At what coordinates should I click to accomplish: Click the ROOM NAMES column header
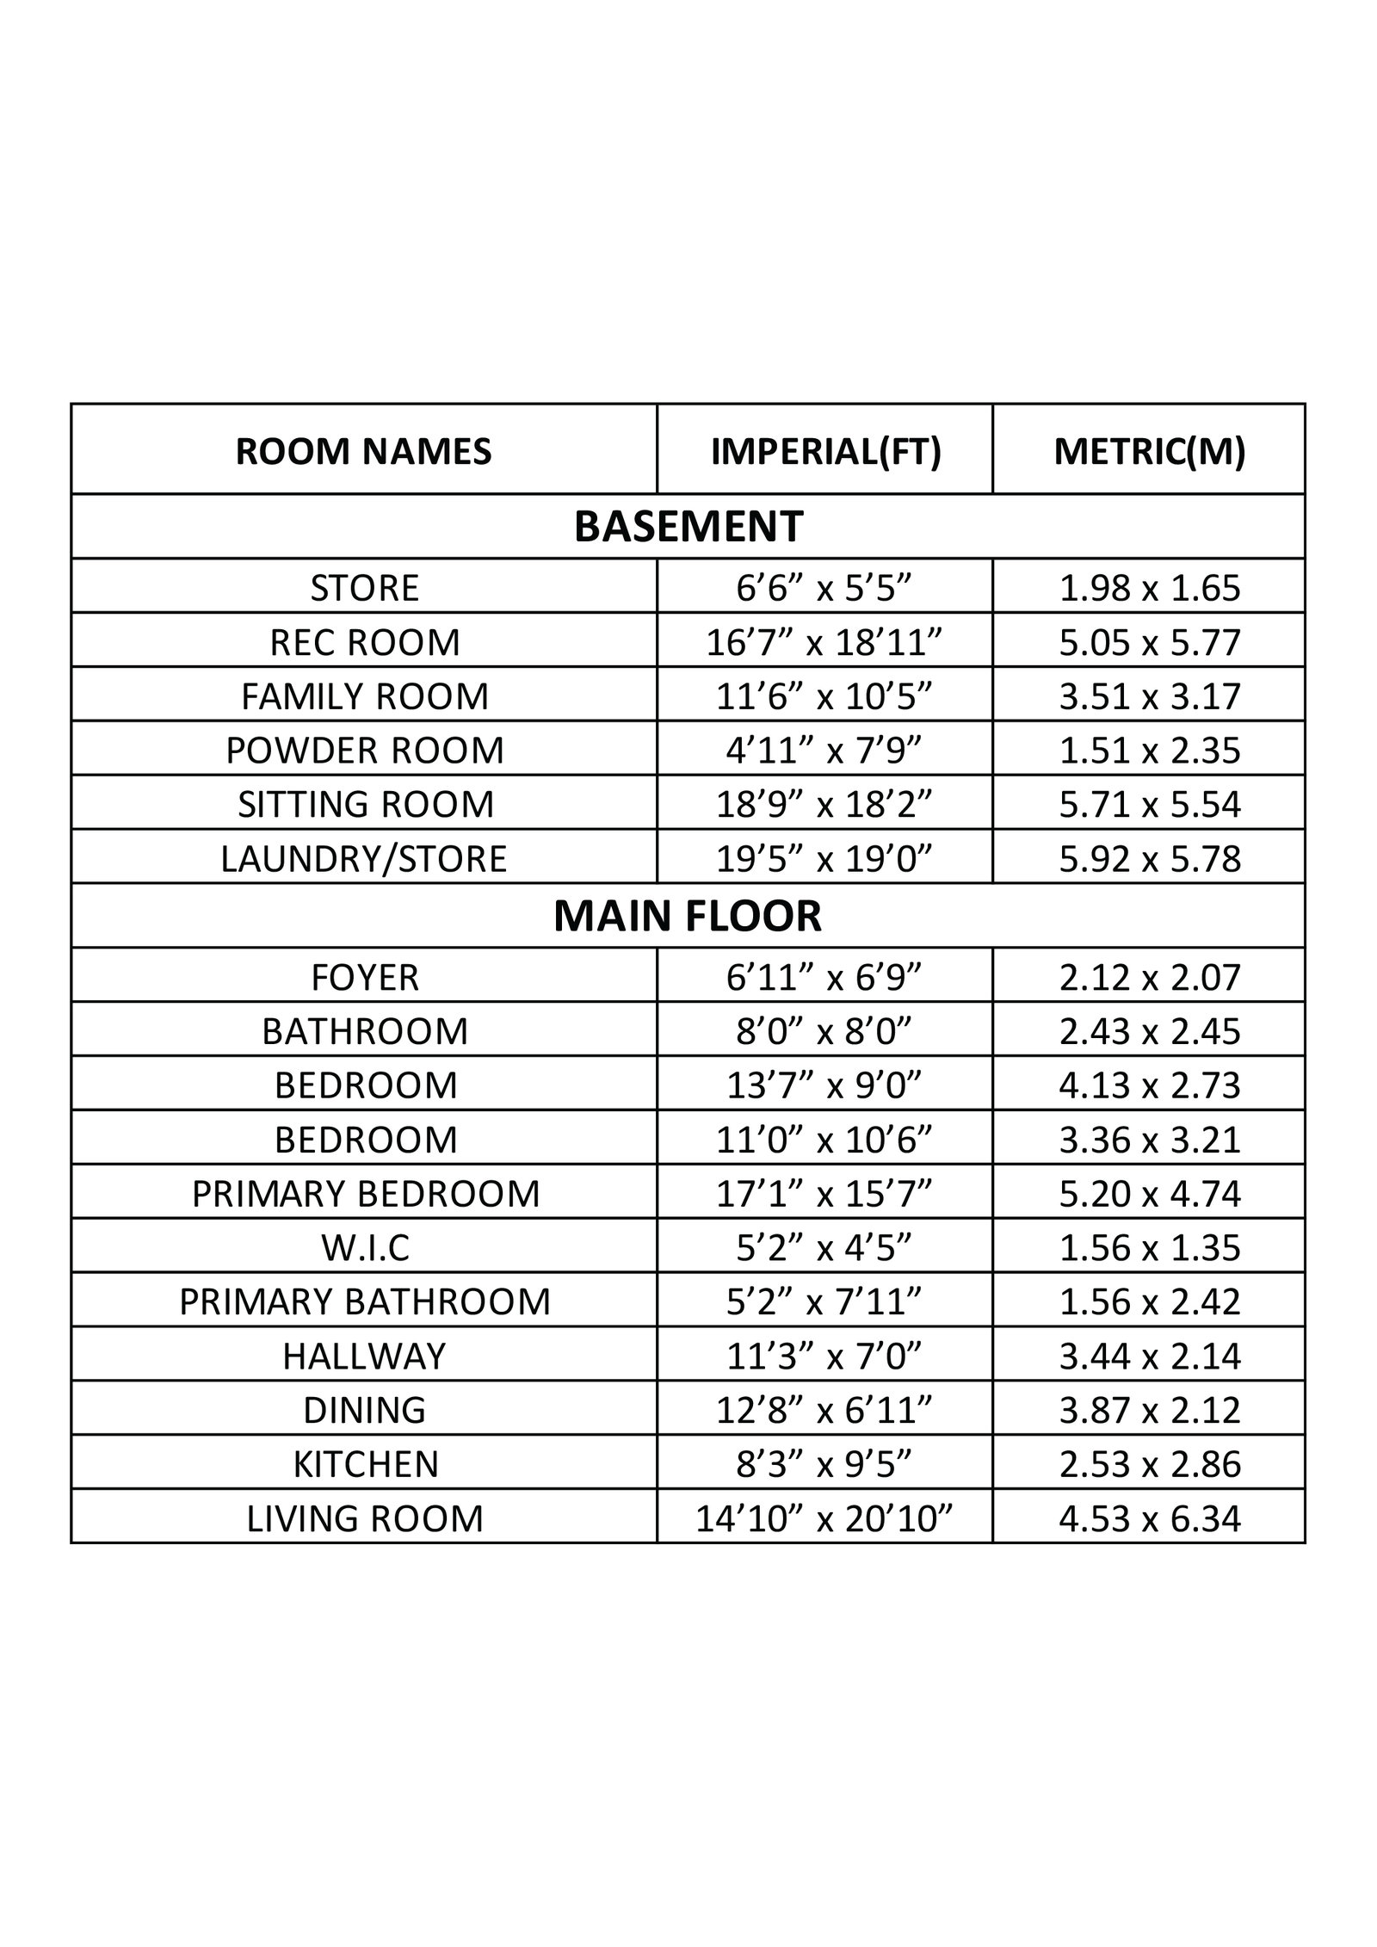coord(363,452)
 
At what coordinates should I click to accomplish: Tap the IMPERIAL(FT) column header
coord(825,452)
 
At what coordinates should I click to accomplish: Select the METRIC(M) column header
coord(1149,452)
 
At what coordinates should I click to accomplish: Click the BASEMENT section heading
coord(688,527)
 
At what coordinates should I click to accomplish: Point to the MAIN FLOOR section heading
coord(688,916)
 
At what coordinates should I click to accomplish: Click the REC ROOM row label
coord(365,642)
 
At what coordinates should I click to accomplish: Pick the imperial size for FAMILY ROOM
coord(825,696)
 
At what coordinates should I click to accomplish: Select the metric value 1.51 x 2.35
coord(1150,751)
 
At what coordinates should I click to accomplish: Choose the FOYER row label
coord(365,977)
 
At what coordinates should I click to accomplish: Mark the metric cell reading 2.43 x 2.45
coord(1150,1031)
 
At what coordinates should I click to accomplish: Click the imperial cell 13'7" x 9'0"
coord(825,1085)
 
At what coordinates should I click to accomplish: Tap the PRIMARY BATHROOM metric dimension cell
coord(1150,1301)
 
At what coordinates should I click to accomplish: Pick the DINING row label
coord(365,1410)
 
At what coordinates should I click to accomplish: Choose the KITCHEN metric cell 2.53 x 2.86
coord(1150,1464)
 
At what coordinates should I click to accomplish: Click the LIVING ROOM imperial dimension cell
coord(825,1518)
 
